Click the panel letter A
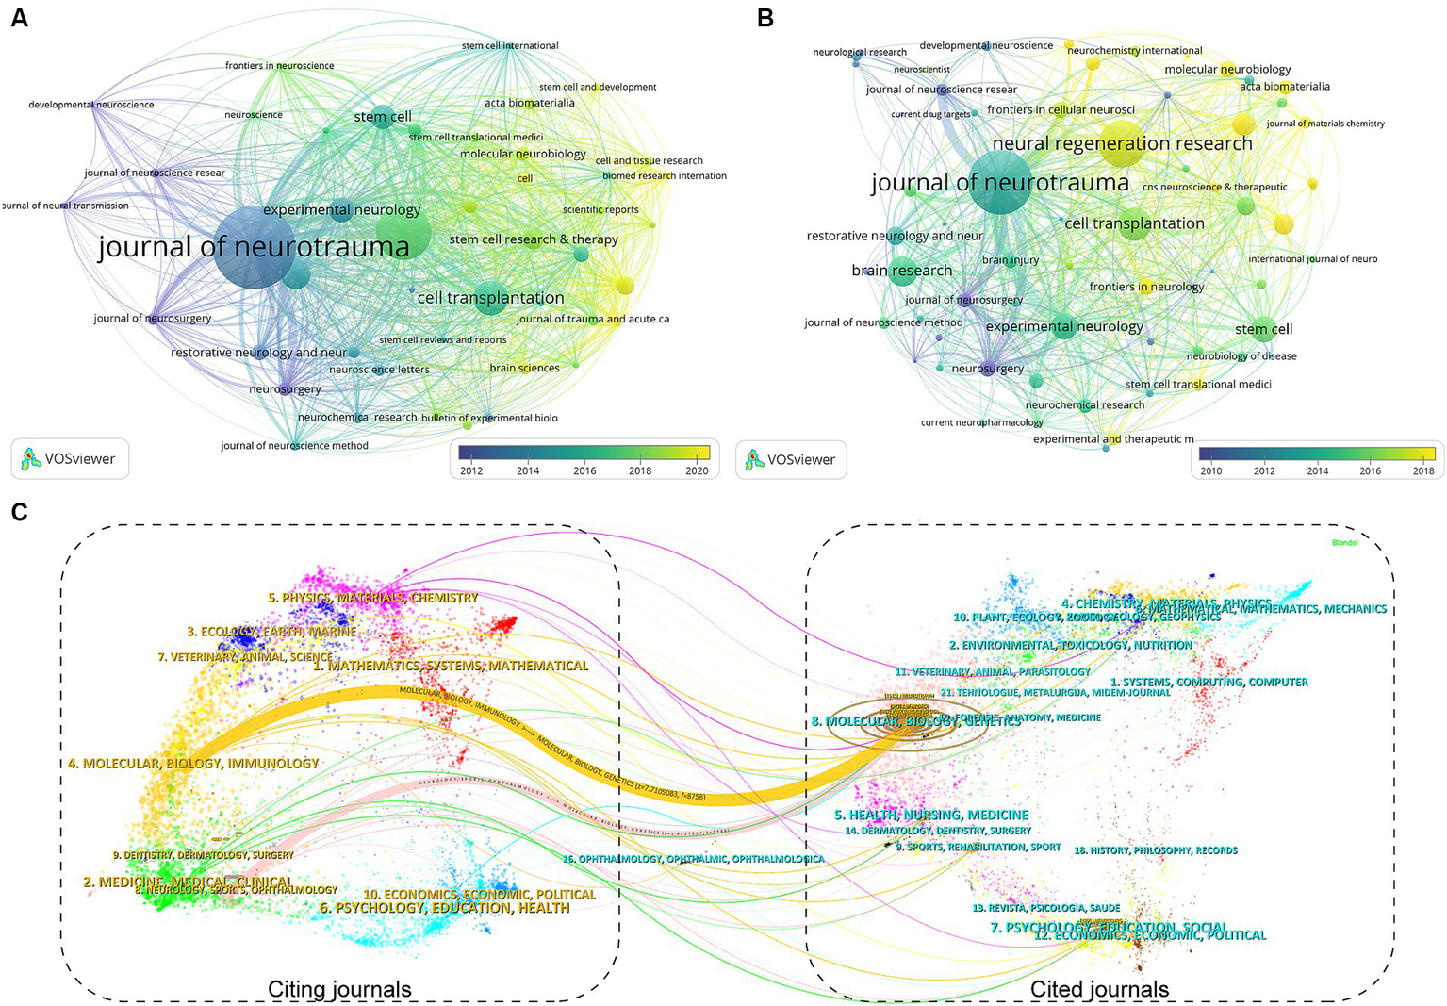click(19, 18)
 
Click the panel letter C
click(19, 512)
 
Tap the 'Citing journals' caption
click(339, 989)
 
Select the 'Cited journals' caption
click(1099, 989)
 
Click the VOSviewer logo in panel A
click(70, 459)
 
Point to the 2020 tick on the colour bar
click(697, 470)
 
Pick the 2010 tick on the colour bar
click(1211, 470)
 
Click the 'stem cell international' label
click(510, 45)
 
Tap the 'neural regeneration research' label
click(1122, 143)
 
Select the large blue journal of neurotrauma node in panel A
click(254, 248)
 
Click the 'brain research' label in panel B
click(901, 271)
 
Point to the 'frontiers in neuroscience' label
click(279, 65)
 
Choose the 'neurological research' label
click(859, 52)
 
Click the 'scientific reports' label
click(600, 209)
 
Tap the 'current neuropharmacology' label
click(981, 422)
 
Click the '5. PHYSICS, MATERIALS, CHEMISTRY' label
click(373, 598)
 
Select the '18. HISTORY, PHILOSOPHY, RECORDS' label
click(1156, 850)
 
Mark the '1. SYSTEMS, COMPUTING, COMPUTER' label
click(1209, 682)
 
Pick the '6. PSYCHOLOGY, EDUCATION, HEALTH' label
click(444, 908)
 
